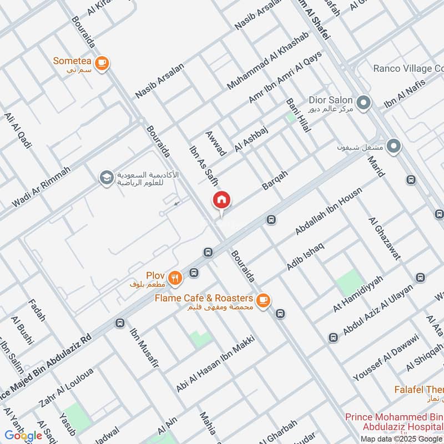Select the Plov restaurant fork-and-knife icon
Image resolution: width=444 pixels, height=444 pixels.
[175, 277]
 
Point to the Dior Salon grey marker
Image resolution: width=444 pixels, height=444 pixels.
[364, 103]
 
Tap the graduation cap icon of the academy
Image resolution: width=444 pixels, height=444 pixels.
[104, 178]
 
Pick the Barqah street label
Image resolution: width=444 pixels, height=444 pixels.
[275, 180]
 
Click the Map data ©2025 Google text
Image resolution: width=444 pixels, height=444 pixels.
[401, 438]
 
